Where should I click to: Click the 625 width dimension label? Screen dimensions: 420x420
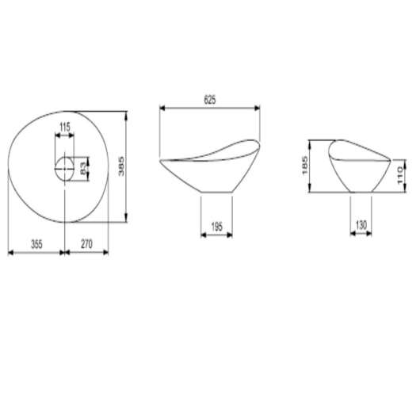210,100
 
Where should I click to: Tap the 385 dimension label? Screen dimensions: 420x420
121,166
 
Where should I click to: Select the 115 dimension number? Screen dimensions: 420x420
65,127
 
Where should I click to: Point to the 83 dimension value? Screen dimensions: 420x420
83,168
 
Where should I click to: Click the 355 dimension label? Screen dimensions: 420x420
36,244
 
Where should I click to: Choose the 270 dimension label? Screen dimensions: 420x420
86,244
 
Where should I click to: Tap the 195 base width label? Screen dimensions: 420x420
216,227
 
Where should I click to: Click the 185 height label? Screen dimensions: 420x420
305,166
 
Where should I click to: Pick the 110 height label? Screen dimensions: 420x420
400,175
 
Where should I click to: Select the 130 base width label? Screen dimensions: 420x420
361,225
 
